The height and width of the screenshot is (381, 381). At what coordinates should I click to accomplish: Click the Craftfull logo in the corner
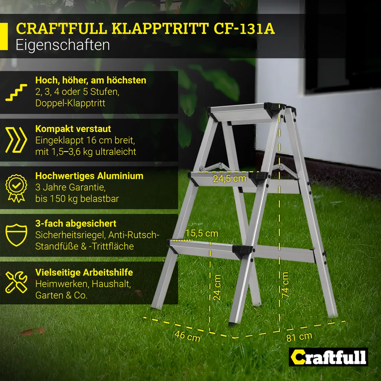click(329, 358)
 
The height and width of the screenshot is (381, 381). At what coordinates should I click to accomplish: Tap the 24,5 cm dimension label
click(230, 178)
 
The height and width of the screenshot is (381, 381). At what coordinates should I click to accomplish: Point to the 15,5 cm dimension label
click(202, 233)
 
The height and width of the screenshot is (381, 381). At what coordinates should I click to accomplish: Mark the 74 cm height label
click(285, 284)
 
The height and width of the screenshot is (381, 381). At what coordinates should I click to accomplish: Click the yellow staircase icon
click(16, 92)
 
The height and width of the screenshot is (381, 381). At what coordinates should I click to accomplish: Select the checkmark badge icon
click(16, 187)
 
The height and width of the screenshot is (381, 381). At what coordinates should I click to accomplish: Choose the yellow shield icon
click(16, 235)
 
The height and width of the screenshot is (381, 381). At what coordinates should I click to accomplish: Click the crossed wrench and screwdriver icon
click(16, 282)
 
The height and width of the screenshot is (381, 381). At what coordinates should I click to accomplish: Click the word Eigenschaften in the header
click(63, 45)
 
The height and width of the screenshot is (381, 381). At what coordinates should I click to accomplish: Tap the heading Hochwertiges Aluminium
click(89, 176)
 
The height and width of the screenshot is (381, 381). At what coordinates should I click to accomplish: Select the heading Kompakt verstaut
click(73, 129)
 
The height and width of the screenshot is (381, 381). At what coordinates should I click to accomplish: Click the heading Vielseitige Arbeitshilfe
click(84, 272)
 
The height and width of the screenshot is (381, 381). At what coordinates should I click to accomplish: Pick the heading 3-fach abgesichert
click(76, 224)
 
